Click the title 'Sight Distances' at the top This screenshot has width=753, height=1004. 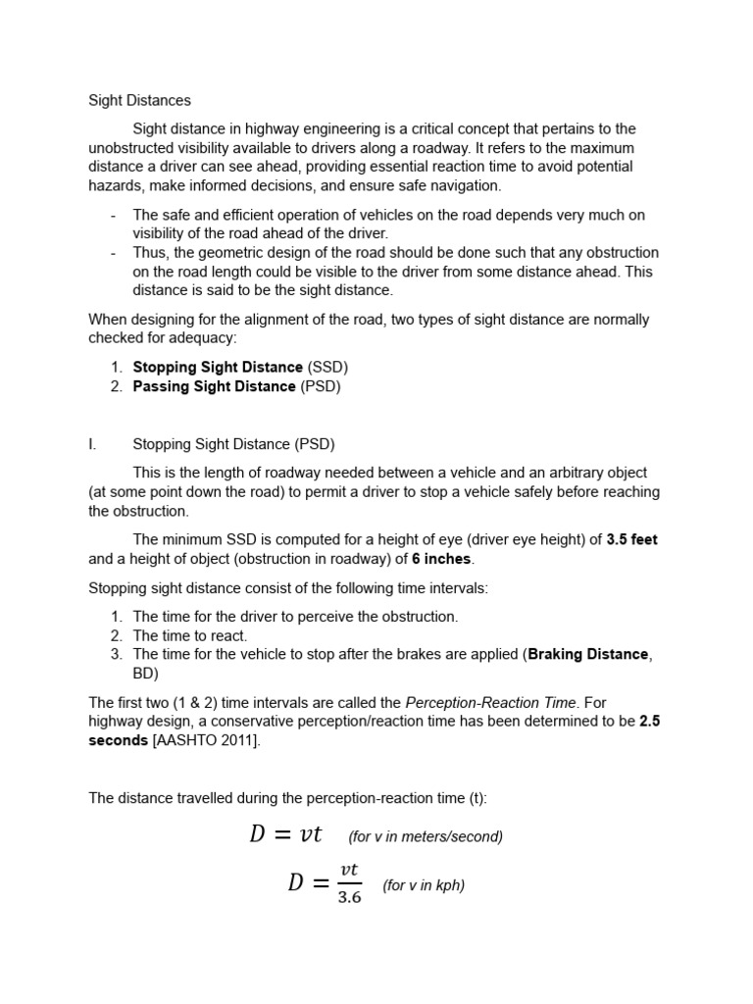(139, 100)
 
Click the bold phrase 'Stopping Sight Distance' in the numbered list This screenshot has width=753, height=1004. (218, 367)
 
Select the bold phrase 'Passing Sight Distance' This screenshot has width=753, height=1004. (214, 386)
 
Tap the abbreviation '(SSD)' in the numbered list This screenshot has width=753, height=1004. (327, 367)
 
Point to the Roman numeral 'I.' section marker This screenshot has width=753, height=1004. (92, 444)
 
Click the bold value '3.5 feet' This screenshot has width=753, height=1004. (631, 539)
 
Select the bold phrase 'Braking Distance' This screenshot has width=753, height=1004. (587, 654)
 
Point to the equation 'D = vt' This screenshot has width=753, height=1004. (285, 834)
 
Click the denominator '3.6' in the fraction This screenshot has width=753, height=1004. (350, 897)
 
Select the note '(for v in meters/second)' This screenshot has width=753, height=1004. (426, 836)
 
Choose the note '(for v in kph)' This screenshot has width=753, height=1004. (424, 885)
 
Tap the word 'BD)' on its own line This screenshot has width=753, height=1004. (145, 674)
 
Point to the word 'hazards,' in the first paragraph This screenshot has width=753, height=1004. (117, 185)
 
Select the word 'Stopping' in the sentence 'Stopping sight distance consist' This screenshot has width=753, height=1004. (117, 587)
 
